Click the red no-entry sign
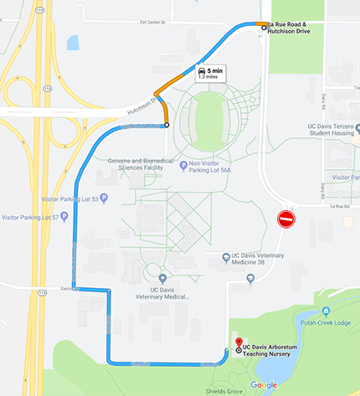(286, 220)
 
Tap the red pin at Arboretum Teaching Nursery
(239, 342)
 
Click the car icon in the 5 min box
(203, 72)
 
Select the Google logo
(263, 385)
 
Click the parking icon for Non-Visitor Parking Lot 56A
(183, 165)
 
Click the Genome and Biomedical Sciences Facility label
(140, 163)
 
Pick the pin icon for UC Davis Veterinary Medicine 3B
(225, 258)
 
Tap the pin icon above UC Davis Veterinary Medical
(162, 278)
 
